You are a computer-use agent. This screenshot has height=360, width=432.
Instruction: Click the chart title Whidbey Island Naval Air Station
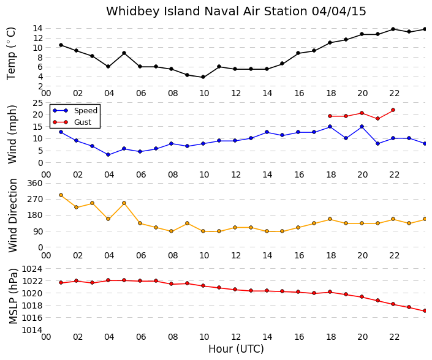[x=207, y=11]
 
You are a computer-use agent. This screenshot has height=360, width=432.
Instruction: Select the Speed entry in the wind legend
[x=86, y=111]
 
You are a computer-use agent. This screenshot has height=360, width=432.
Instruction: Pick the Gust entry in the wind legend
[x=83, y=122]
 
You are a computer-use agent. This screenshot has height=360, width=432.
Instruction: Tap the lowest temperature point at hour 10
[x=203, y=77]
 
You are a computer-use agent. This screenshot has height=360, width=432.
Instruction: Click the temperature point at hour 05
[x=124, y=53]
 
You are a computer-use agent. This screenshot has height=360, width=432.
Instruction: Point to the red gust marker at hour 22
[x=393, y=110]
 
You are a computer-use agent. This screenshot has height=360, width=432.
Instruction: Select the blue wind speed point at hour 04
[x=108, y=155]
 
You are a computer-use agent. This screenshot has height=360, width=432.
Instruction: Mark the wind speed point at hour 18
[x=330, y=127]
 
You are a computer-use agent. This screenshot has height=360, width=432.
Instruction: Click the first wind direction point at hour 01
[x=61, y=195]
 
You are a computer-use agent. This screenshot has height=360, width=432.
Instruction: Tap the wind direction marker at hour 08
[x=171, y=231]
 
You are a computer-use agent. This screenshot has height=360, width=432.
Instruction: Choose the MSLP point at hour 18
[x=330, y=292]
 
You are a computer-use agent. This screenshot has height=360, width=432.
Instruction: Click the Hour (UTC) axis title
[x=236, y=349]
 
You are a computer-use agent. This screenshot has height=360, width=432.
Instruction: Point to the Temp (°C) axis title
[x=11, y=54]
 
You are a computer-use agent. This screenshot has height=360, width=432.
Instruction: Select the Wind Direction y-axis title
[x=13, y=216]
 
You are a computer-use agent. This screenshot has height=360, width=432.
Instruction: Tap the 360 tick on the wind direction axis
[x=35, y=183]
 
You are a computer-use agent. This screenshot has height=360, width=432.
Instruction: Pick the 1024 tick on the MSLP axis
[x=32, y=269]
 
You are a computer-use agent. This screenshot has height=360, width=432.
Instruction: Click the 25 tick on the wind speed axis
[x=38, y=103]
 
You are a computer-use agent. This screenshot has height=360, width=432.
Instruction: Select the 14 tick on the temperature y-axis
[x=38, y=28]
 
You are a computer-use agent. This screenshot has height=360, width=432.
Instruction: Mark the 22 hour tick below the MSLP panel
[x=394, y=337]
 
